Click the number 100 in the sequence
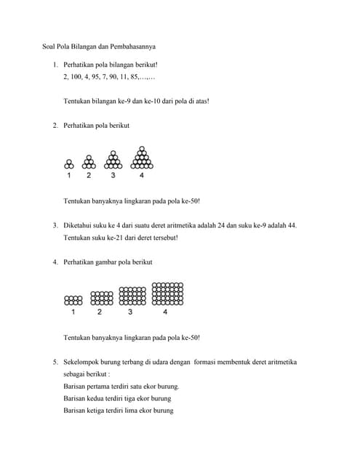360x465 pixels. click(78, 76)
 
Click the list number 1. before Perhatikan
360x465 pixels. click(55, 65)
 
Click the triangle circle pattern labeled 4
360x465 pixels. click(141, 158)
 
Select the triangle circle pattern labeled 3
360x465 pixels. click(113, 161)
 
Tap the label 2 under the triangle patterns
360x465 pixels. click(89, 176)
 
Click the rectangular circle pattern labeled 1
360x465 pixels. click(73, 299)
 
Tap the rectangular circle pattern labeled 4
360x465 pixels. click(166, 293)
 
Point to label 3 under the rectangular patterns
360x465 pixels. click(130, 312)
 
